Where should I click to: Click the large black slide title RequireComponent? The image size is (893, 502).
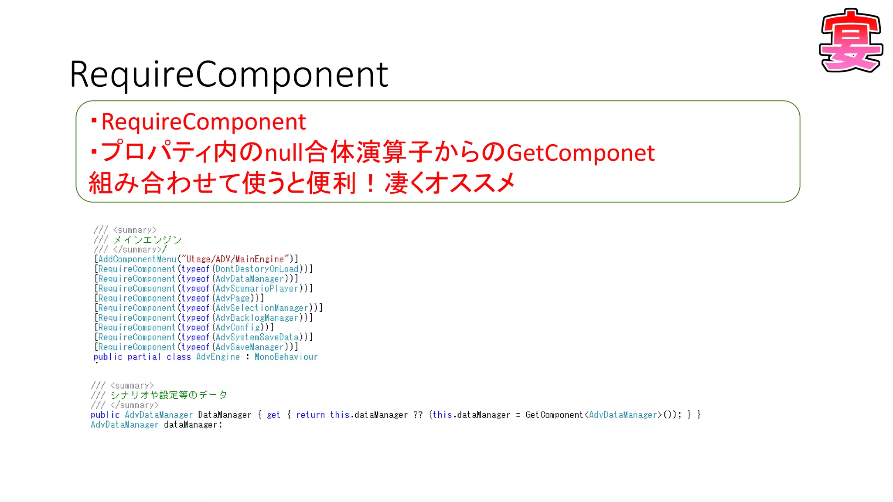(x=228, y=74)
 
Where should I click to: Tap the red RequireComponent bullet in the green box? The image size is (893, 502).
(x=203, y=122)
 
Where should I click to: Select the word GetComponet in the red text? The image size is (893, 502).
(x=580, y=153)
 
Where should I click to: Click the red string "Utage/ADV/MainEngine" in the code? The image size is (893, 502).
(x=235, y=259)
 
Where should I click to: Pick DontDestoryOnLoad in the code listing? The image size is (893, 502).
(x=257, y=269)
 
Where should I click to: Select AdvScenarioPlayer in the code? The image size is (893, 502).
(x=257, y=288)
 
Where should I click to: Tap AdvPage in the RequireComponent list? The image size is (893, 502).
(x=233, y=298)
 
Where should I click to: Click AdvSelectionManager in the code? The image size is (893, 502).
(x=262, y=308)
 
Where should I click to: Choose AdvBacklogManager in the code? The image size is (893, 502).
(x=257, y=318)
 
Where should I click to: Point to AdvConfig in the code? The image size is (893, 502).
(x=238, y=328)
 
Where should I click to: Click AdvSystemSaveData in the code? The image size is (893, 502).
(x=257, y=337)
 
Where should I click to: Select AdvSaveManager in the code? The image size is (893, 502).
(x=250, y=347)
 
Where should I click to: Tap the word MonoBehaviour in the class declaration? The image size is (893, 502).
(x=286, y=357)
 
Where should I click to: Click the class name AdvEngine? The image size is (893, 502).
(x=218, y=357)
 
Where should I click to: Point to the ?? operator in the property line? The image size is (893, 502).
(x=418, y=415)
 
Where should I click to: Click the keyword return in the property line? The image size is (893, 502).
(x=310, y=415)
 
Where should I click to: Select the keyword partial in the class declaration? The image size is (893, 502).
(x=144, y=357)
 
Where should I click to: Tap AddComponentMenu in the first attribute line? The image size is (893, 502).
(x=137, y=259)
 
